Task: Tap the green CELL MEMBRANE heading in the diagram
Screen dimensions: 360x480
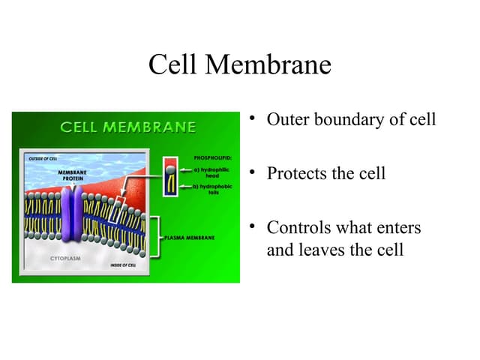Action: point(128,127)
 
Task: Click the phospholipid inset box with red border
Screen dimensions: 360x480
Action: point(172,176)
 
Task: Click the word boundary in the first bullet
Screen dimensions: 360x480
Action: point(349,120)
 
